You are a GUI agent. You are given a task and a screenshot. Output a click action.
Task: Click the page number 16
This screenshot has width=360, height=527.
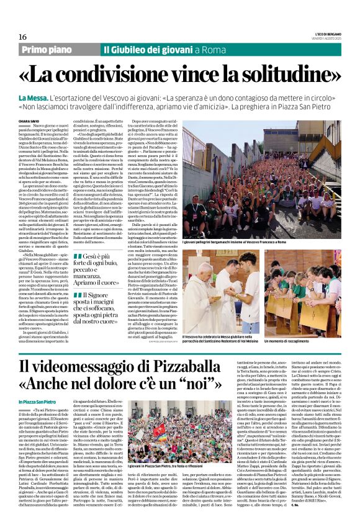[22, 37]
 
